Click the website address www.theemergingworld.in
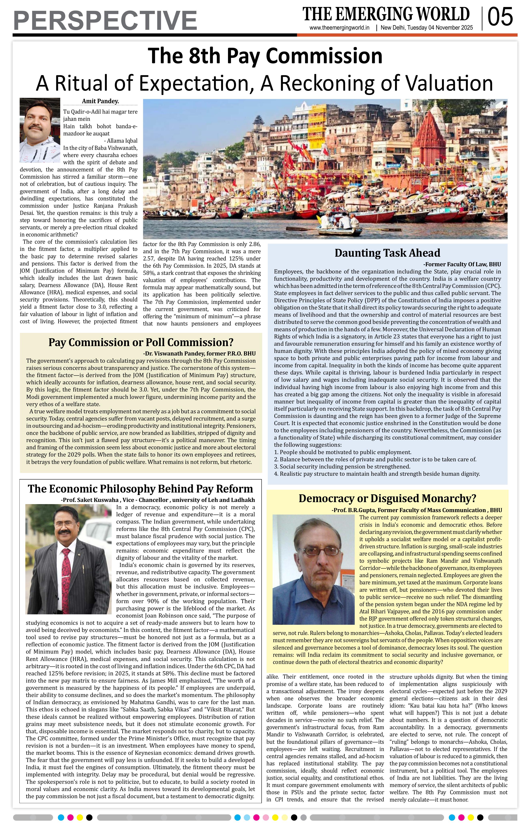(x=339, y=28)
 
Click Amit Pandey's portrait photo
(x=40, y=130)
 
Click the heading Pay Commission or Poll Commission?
(x=141, y=342)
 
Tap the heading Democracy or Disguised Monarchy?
(x=387, y=498)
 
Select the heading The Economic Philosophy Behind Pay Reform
(x=140, y=489)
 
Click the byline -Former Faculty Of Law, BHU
(x=462, y=264)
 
